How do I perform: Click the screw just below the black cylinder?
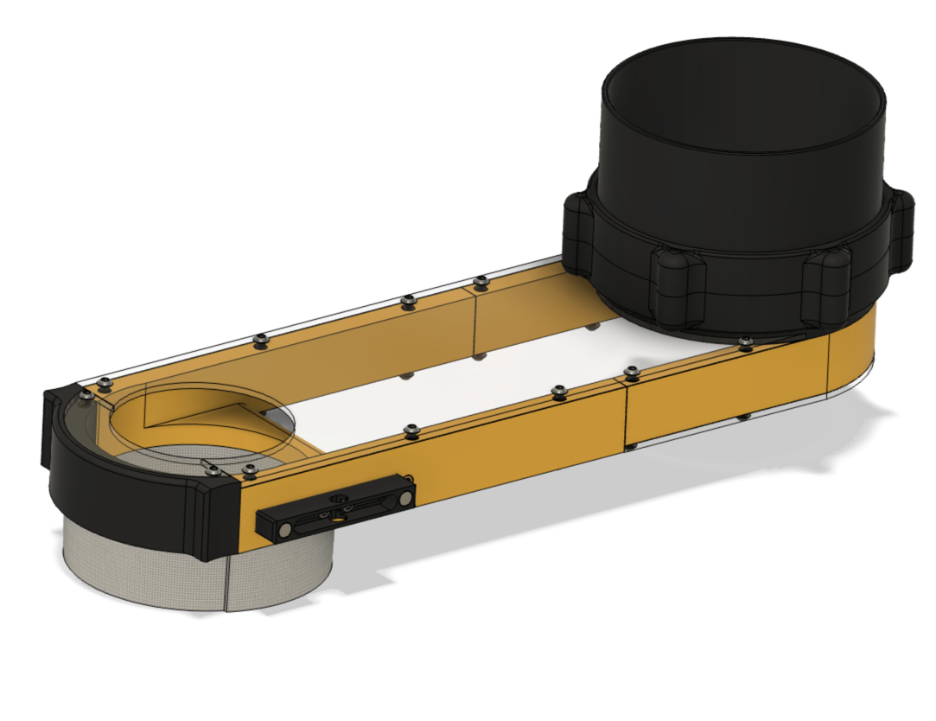pyautogui.click(x=745, y=343)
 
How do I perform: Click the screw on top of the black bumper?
pyautogui.click(x=86, y=395)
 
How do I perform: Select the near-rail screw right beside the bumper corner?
pyautogui.click(x=250, y=469)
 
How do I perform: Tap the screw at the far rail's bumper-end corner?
pyautogui.click(x=105, y=381)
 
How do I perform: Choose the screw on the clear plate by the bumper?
pyautogui.click(x=213, y=468)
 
